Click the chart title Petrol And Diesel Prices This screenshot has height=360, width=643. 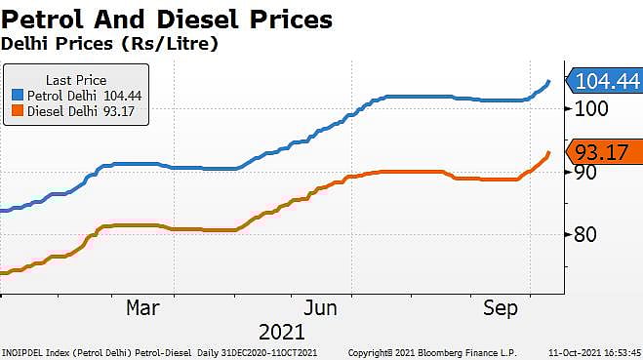166,19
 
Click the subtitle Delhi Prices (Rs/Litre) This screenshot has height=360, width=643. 107,44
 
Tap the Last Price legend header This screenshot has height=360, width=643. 75,79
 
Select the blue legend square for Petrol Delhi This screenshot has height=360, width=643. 18,96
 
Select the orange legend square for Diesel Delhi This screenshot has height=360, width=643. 18,112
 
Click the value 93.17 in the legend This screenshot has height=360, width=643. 120,112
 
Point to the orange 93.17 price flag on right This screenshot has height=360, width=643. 606,152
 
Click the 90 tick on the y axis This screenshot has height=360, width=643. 583,172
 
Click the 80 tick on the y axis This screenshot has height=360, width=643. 583,235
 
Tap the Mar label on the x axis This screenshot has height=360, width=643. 142,307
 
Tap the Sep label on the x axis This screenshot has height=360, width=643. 501,307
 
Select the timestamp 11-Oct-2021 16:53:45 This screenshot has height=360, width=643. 594,352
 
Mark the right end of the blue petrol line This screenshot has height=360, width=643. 550,82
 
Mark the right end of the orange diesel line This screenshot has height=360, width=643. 550,152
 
